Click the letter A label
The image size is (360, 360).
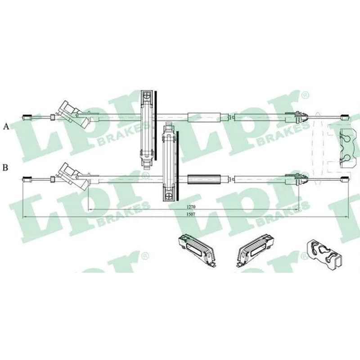pyautogui.click(x=6, y=126)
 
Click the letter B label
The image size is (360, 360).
pyautogui.click(x=5, y=167)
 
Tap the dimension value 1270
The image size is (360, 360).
pyautogui.click(x=190, y=207)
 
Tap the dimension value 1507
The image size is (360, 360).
pyautogui.click(x=190, y=214)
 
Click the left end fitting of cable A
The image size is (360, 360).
pyautogui.click(x=27, y=117)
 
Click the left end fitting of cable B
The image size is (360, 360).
pyautogui.click(x=27, y=179)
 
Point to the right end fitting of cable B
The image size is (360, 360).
pyautogui.click(x=345, y=178)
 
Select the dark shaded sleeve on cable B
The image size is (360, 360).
pyautogui.click(x=204, y=179)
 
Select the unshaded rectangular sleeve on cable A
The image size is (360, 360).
pyautogui.click(x=204, y=117)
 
